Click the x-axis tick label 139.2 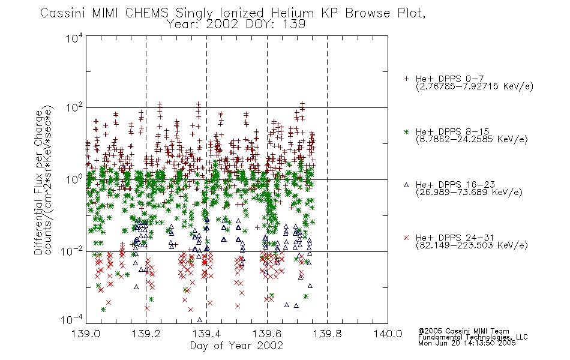(146, 334)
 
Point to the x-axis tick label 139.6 (267, 334)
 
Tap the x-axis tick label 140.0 (388, 334)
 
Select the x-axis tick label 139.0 (86, 334)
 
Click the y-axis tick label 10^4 (74, 38)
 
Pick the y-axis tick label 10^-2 (71, 251)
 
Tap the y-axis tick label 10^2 (74, 108)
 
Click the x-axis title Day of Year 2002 (236, 346)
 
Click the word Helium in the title (292, 13)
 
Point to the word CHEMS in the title (146, 13)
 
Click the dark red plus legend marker (406, 79)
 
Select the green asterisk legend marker (406, 131)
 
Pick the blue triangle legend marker (406, 185)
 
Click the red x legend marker (406, 238)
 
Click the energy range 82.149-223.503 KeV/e (472, 245)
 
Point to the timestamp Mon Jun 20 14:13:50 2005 (467, 343)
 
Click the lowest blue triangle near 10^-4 (200, 320)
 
